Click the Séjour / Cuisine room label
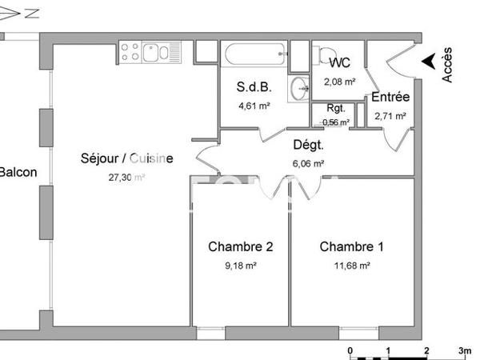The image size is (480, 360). pyautogui.click(x=126, y=158)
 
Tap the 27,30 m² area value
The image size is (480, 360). pyautogui.click(x=126, y=178)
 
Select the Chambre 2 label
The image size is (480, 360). pyautogui.click(x=241, y=246)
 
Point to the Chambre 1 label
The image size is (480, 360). pyautogui.click(x=351, y=246)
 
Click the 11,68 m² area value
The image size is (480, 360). pyautogui.click(x=351, y=265)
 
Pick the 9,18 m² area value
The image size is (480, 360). pyautogui.click(x=240, y=265)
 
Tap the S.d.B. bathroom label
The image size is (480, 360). pyautogui.click(x=253, y=86)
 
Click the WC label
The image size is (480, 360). pyautogui.click(x=340, y=62)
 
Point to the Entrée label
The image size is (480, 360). pyautogui.click(x=390, y=97)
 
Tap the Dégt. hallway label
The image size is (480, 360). pyautogui.click(x=308, y=145)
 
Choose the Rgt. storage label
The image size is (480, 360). pyautogui.click(x=336, y=110)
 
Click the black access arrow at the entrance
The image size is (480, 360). pyautogui.click(x=429, y=59)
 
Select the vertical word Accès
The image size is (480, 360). pyautogui.click(x=447, y=64)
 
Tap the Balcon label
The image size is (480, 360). pyautogui.click(x=18, y=171)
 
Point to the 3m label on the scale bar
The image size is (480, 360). pyautogui.click(x=464, y=350)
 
